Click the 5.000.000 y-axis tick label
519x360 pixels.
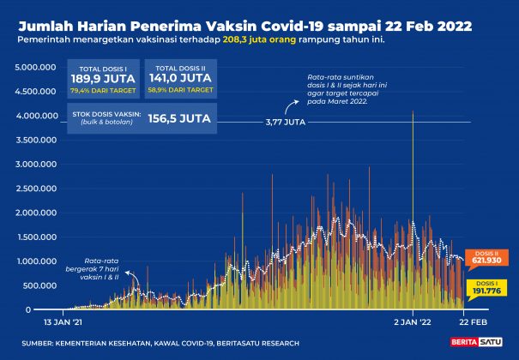click(x=36, y=67)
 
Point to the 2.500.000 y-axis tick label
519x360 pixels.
click(x=36, y=189)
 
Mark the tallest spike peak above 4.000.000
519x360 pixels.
click(x=413, y=112)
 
